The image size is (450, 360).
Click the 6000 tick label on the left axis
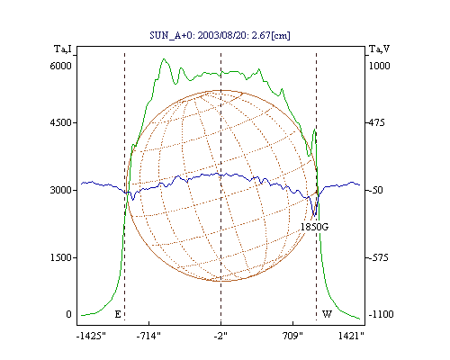coord(60,66)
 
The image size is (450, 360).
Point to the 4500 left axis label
coord(60,122)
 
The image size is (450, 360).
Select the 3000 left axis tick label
coord(60,190)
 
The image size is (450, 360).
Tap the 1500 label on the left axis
coord(60,257)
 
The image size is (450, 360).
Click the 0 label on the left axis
coord(68,314)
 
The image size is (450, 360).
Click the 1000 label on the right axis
coord(380,66)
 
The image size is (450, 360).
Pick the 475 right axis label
coord(376,122)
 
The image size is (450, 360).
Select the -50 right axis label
coord(376,190)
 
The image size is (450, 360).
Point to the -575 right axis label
coord(379,257)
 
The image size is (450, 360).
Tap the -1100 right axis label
coord(381,314)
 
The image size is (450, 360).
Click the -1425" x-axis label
coord(91,336)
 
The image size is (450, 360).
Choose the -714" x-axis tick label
coord(148,336)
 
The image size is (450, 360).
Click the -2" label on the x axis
coord(220,336)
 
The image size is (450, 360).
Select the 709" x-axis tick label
coord(292,336)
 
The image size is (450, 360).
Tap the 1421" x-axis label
coord(351,336)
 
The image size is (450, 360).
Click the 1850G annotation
coord(314,227)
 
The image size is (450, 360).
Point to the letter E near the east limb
coord(118,314)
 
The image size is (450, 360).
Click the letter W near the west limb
coord(327,314)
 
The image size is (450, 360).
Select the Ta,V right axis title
coord(379,49)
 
